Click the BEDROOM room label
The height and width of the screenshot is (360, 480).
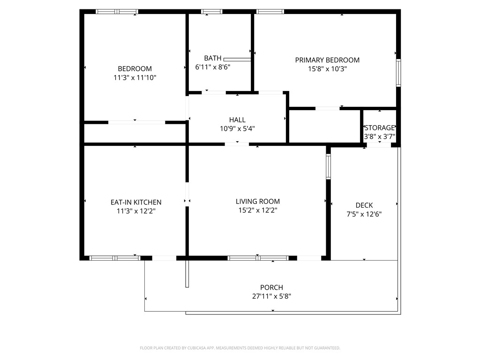point(135,68)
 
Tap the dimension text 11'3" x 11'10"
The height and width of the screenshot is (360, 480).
point(135,78)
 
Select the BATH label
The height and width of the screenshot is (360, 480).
point(212,58)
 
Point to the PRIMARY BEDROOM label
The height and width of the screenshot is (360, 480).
point(327,60)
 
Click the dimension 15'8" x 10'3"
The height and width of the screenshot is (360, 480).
point(327,69)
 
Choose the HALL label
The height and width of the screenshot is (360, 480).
point(237,120)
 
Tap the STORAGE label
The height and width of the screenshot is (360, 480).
point(380,128)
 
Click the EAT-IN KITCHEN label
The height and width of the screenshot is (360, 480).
point(136,202)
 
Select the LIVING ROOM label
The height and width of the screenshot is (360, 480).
point(257,202)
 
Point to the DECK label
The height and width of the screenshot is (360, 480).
point(364,205)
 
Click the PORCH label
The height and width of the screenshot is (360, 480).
point(271,287)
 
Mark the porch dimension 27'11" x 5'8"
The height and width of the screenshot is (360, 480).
point(271,296)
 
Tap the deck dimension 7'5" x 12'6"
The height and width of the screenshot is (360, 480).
point(364,214)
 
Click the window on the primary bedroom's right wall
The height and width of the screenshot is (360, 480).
point(398,73)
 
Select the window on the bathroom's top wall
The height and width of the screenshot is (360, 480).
point(212,11)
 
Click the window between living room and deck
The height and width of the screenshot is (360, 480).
point(328,167)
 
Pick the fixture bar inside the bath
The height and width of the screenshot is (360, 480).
point(237,60)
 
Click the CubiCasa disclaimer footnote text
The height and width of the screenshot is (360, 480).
point(240,348)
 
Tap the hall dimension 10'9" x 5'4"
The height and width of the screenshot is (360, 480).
point(237,128)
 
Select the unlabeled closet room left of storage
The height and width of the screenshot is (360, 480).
point(324,126)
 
